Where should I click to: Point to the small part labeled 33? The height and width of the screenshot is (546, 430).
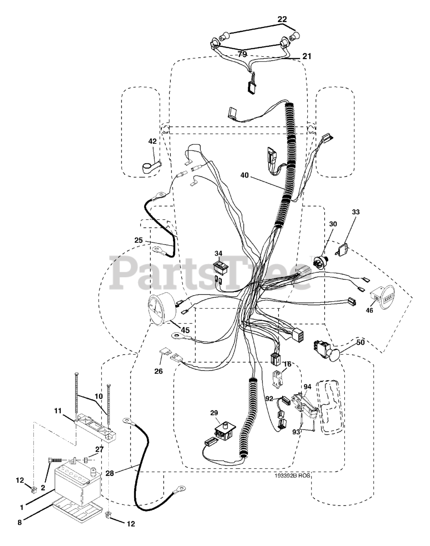click(343, 249)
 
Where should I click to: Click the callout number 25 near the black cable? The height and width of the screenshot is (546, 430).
click(139, 241)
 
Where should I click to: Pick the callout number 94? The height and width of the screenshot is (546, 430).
click(307, 386)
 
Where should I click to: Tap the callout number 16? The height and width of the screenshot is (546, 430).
click(287, 364)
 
